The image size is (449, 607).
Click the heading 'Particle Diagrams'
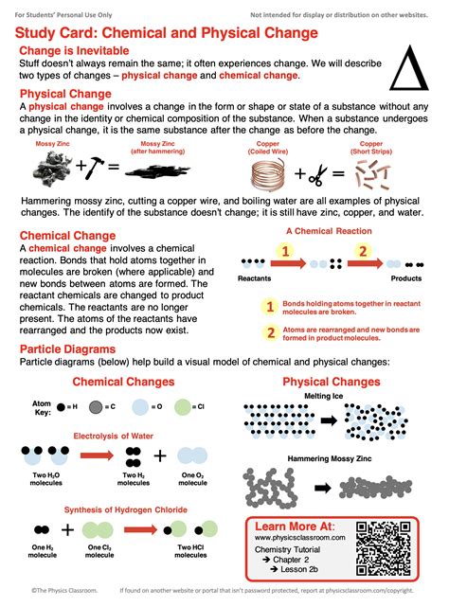[x=68, y=350]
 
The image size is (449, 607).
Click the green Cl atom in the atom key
[x=195, y=409]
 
